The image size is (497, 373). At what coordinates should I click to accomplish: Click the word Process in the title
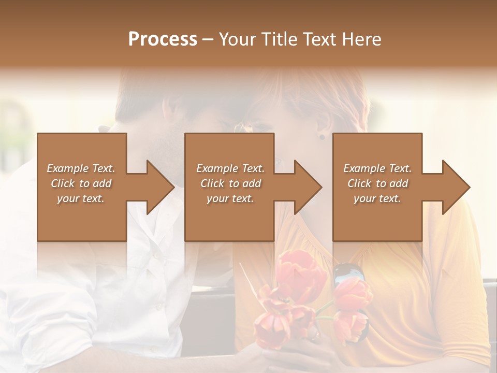coord(163,39)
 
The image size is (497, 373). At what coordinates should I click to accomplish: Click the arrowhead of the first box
coord(160,187)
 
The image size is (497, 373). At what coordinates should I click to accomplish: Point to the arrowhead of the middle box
coord(308,187)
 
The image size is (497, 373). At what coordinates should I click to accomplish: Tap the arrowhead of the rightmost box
coord(456,187)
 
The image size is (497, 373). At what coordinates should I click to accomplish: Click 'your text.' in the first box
coord(81,198)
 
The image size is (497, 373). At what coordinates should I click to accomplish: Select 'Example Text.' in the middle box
coord(230,168)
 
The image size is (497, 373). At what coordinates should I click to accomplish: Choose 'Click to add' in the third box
coord(378,183)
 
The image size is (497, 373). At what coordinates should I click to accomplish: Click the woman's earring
coord(322,137)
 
